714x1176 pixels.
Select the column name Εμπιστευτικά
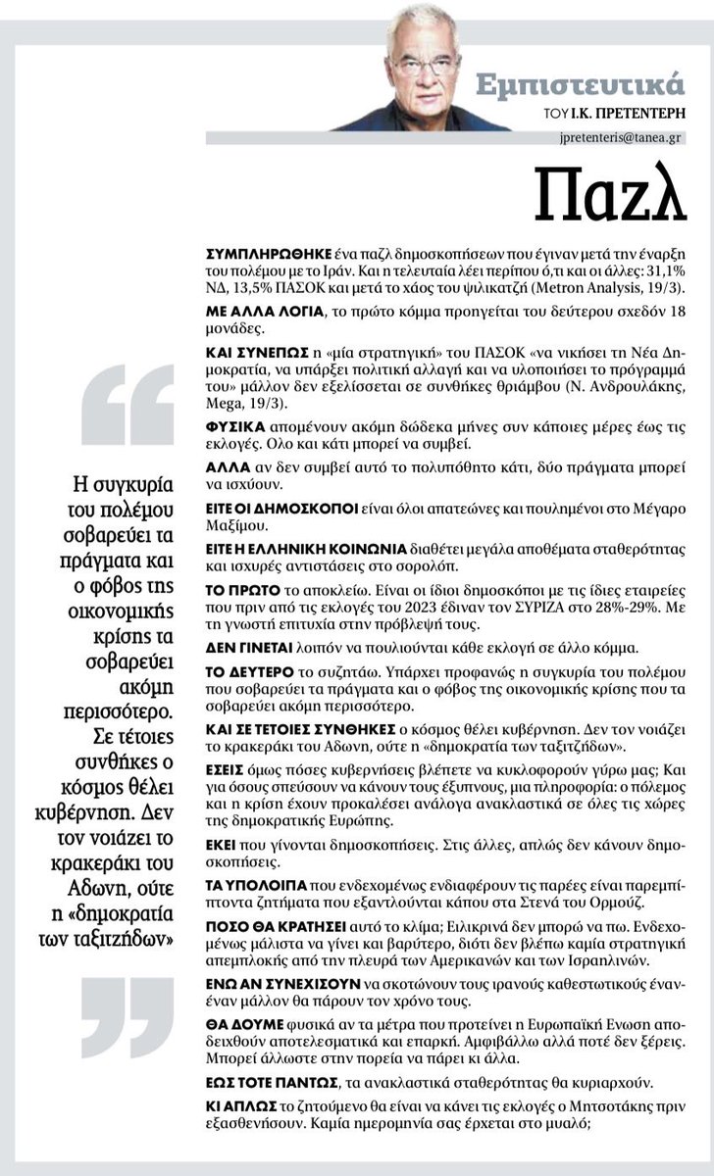point(591,84)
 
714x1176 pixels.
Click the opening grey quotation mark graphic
point(142,406)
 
